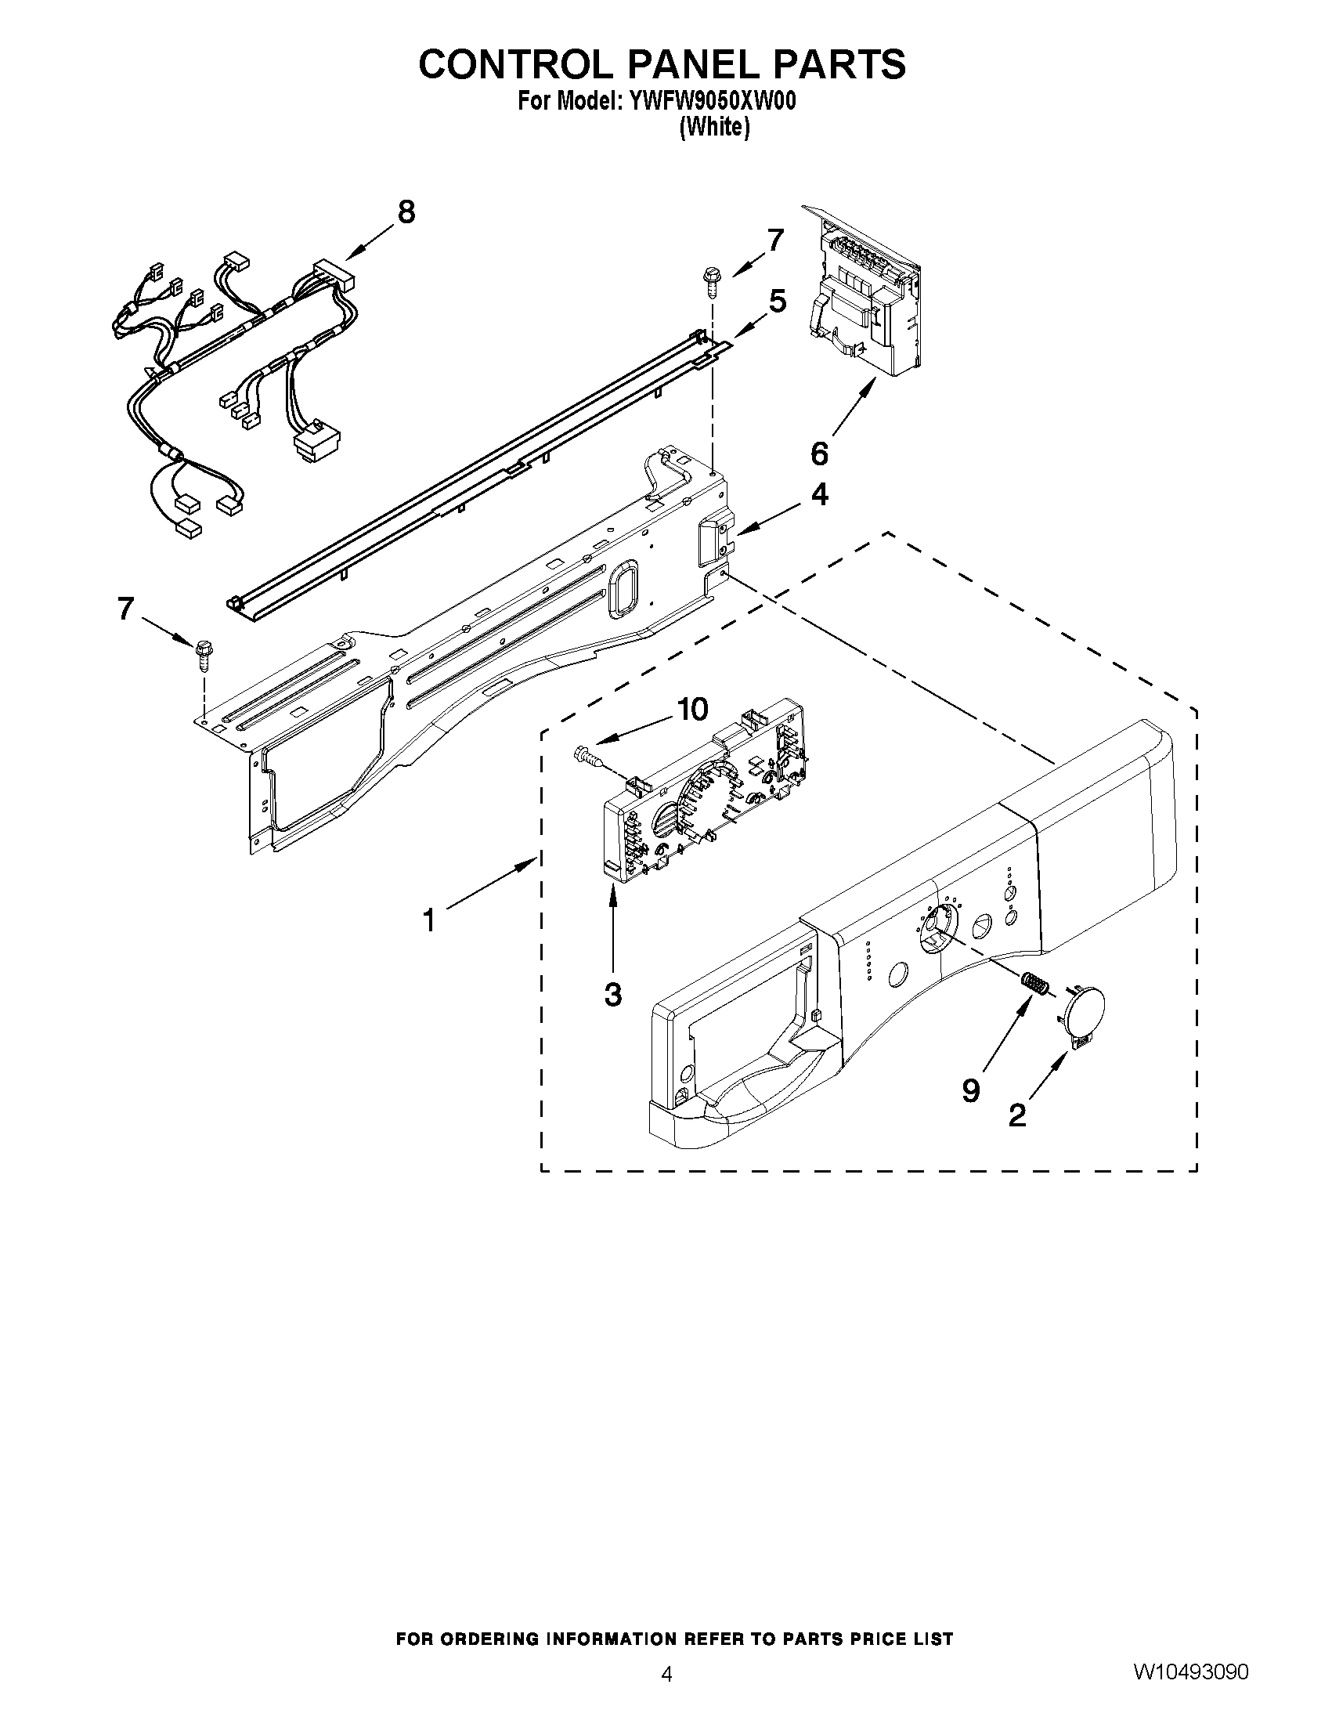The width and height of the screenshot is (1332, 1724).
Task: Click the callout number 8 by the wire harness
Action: (x=406, y=212)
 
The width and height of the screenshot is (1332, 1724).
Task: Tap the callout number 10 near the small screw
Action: (x=692, y=710)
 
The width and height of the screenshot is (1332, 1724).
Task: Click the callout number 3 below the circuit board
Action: (x=612, y=995)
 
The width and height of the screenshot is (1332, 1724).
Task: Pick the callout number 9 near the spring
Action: (x=970, y=1090)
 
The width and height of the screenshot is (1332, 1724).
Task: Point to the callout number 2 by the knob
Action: (x=1017, y=1115)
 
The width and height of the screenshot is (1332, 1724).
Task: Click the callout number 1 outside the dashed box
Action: (x=428, y=920)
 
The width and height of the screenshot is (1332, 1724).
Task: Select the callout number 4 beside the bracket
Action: (x=820, y=495)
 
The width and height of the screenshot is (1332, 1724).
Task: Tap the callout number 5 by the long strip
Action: (x=778, y=301)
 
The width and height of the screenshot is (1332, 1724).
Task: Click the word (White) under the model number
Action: (x=714, y=127)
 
